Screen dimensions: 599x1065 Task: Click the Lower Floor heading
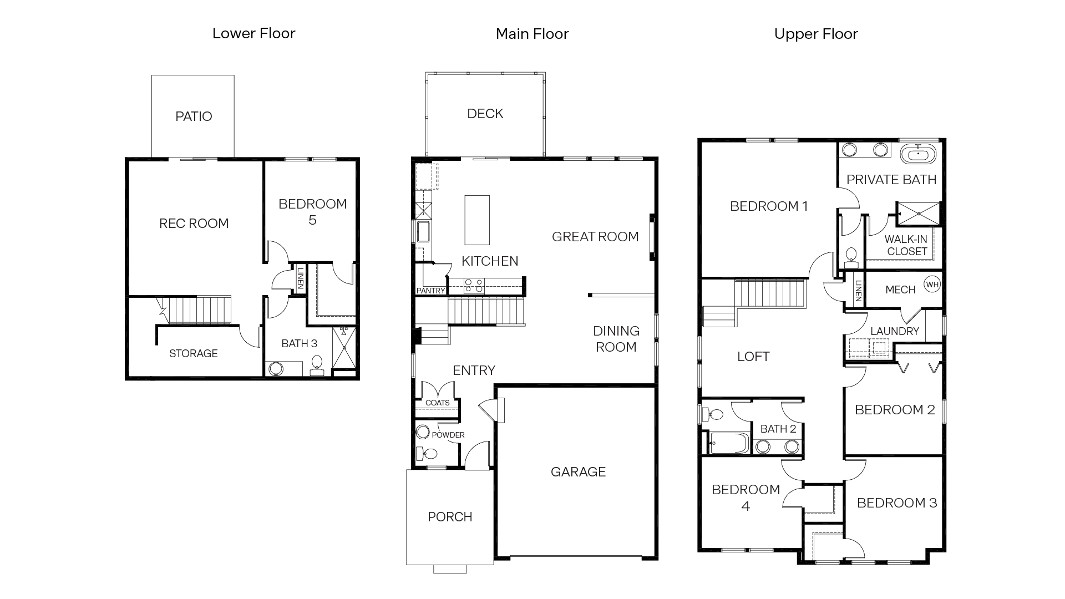[253, 33]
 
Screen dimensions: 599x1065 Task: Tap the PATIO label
[194, 116]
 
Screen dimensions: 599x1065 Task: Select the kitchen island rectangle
[477, 220]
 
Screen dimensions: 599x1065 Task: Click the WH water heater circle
[932, 285]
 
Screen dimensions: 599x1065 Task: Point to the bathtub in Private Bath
[917, 154]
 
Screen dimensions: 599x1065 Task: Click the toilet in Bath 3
[317, 363]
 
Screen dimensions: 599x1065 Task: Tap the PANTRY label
[430, 291]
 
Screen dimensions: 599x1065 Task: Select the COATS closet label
[437, 403]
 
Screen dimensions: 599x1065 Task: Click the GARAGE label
[578, 472]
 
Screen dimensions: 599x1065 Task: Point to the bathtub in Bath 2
[729, 443]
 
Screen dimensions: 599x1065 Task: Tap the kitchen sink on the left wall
[423, 231]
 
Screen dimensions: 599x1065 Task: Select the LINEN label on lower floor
[300, 278]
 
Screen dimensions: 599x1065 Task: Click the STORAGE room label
[193, 353]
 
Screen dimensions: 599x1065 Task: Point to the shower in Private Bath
[919, 214]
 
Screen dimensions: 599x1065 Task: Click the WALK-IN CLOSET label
[906, 245]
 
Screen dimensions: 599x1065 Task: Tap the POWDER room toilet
[428, 454]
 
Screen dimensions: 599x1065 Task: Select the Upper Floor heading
[815, 34]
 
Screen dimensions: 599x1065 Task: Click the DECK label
[485, 114]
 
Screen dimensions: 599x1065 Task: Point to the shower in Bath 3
[344, 347]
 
